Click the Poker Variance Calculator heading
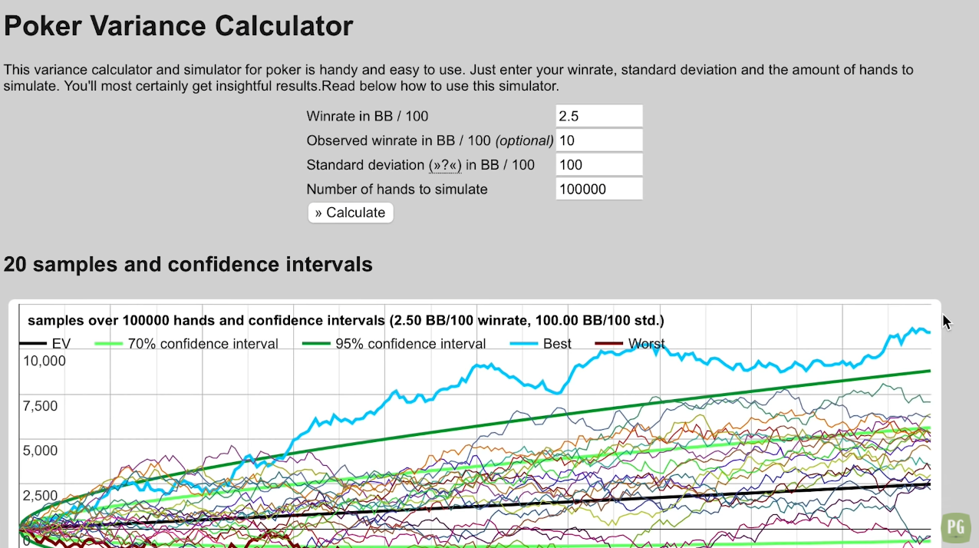coord(178,26)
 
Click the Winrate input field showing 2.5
coord(598,117)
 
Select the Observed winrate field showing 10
coord(598,140)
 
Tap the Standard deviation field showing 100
coord(598,165)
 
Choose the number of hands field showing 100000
coord(598,190)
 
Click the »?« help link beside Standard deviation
coord(445,165)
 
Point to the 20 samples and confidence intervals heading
coord(188,264)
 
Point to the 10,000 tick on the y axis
coord(44,361)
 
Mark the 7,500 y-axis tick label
coord(41,406)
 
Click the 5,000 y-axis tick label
coord(41,451)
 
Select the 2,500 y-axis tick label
coord(41,496)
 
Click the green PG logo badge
coord(955,527)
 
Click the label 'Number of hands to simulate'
coord(397,190)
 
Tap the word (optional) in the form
coord(525,140)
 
